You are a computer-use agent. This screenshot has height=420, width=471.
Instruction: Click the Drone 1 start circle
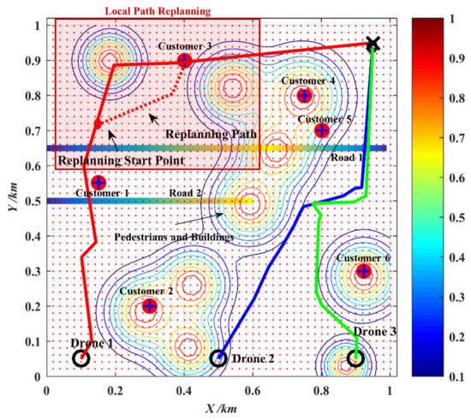pos(80,358)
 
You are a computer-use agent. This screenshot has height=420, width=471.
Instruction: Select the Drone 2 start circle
pos(218,358)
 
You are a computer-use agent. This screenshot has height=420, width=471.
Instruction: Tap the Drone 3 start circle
pos(356,358)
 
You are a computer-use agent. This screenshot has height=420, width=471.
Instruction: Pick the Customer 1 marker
pos(98,182)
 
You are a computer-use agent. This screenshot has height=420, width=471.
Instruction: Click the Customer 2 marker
pos(150,306)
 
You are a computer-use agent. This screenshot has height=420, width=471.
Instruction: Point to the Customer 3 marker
pos(184,60)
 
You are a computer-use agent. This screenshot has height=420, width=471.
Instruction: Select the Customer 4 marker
pos(304,96)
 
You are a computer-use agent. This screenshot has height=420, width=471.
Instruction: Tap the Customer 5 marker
pos(321,131)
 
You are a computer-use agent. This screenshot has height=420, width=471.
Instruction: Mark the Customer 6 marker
pos(364,271)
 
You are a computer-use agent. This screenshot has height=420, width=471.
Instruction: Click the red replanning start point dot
pos(98,125)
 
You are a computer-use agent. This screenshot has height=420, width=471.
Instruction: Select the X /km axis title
pos(218,409)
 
